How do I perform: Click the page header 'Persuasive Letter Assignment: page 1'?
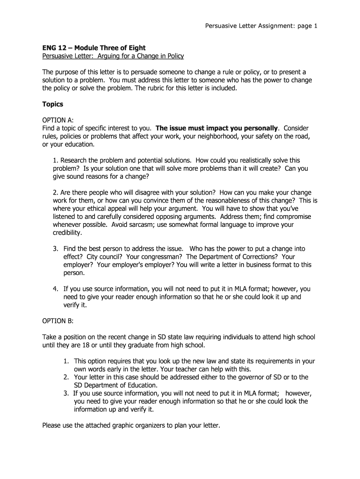(x=261, y=26)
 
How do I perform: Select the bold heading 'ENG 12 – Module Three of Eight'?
(x=94, y=48)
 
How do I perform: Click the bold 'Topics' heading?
(x=53, y=104)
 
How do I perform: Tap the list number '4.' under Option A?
(x=55, y=289)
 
